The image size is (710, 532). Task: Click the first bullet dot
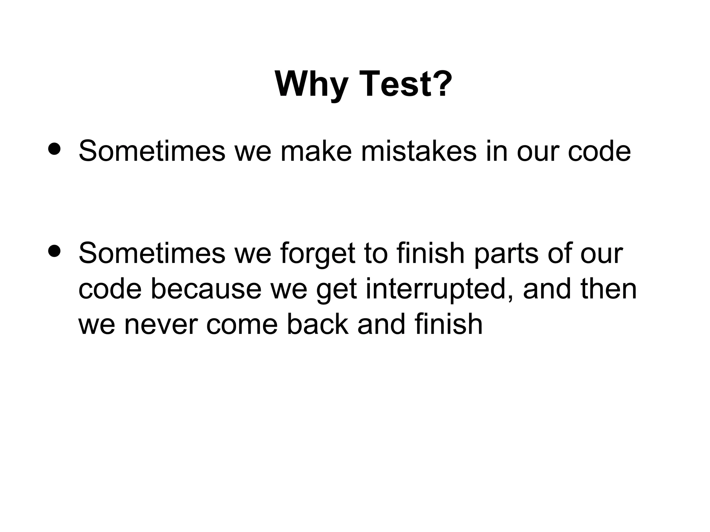(x=55, y=149)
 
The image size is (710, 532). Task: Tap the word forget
(x=318, y=254)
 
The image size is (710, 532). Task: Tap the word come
(x=242, y=325)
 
